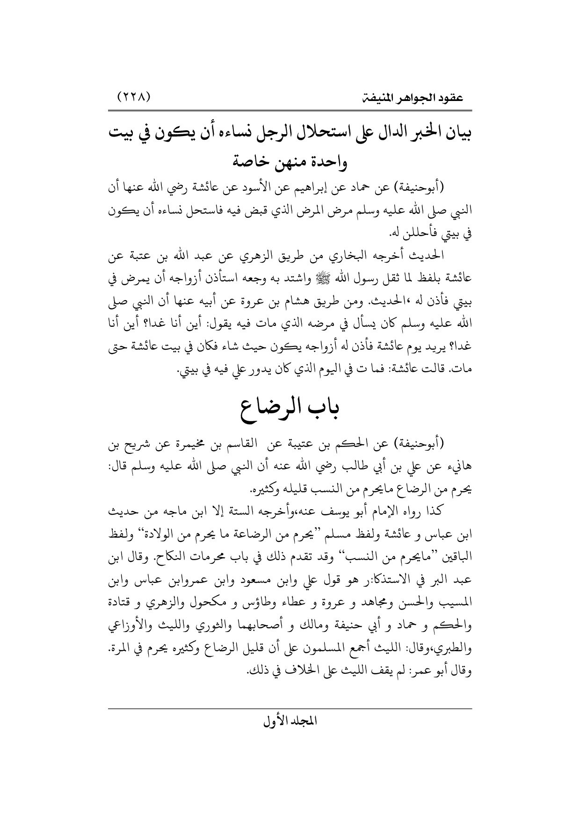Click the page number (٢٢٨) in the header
click(134, 99)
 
